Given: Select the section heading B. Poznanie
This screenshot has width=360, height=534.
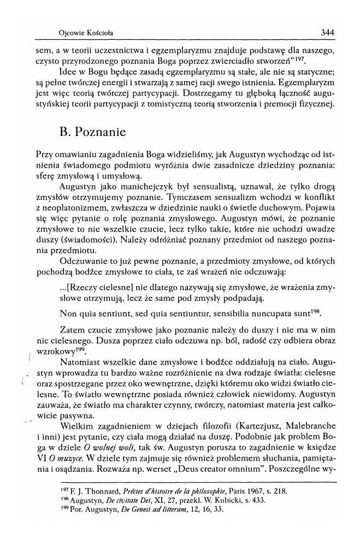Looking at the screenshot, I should click(92, 132).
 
